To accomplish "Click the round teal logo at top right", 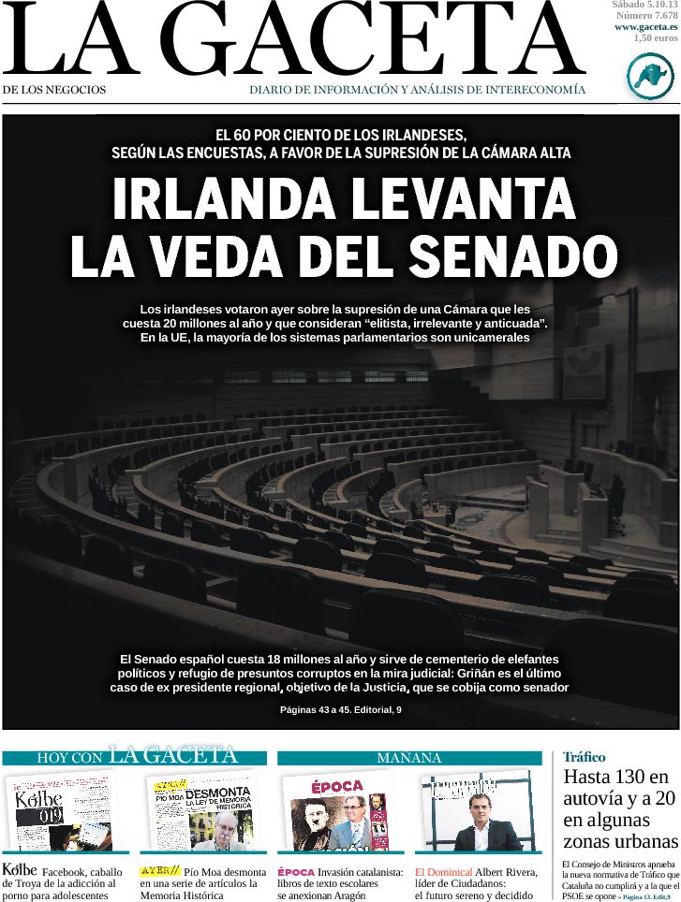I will pos(649,76).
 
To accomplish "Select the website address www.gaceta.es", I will pos(646,27).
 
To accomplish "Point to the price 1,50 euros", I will pos(655,38).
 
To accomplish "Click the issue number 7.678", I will pos(659,16).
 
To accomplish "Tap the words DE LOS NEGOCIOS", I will pos(54,90).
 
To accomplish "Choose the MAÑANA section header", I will pos(408,758).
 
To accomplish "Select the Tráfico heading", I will pos(584,757).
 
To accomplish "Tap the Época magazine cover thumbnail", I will pos(338,810).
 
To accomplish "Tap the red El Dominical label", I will pos(443,872).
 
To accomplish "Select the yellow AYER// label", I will pos(159,871).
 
